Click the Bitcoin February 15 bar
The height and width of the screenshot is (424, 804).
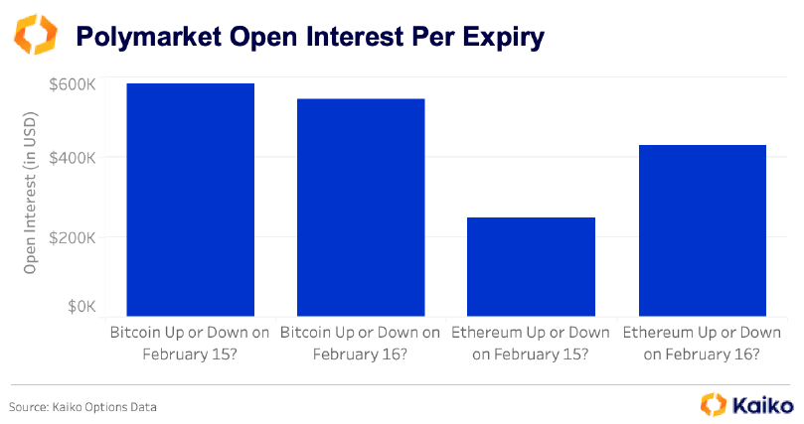point(191,199)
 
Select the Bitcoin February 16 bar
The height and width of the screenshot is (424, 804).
point(361,207)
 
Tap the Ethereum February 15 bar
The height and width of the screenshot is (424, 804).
point(531,266)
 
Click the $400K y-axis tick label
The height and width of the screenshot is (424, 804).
point(72,158)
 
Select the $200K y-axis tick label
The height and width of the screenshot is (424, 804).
point(72,237)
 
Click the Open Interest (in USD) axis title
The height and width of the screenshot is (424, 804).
point(30,199)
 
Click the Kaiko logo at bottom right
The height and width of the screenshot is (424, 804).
point(746,405)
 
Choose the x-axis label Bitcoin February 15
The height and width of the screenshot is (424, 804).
point(191,343)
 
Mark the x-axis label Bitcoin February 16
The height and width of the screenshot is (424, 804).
point(361,343)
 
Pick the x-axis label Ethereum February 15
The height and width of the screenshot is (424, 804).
point(531,343)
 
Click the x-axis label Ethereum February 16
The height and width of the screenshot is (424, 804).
point(702,343)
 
